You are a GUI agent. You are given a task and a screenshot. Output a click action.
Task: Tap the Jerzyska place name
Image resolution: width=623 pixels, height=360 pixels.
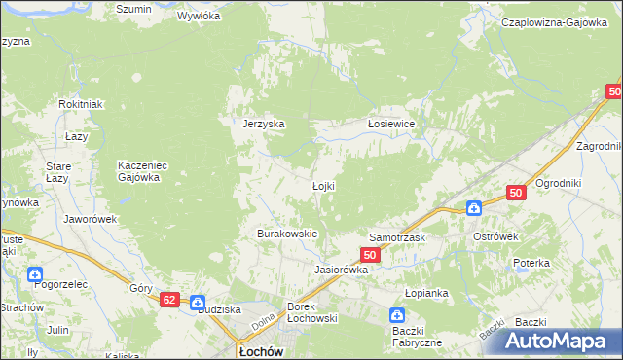point(263,124)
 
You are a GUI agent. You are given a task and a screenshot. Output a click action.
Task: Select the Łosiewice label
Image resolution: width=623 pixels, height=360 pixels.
point(391,124)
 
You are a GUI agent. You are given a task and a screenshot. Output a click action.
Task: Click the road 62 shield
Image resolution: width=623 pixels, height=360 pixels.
point(170,302)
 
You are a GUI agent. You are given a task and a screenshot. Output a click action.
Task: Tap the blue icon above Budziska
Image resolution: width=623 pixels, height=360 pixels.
point(198,302)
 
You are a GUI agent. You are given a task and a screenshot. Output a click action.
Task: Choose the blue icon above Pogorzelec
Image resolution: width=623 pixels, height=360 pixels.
point(35,275)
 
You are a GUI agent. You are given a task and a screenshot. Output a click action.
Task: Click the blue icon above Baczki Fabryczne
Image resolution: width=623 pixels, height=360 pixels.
point(397,315)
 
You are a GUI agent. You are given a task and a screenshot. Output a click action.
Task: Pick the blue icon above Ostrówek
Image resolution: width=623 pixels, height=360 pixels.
point(473,207)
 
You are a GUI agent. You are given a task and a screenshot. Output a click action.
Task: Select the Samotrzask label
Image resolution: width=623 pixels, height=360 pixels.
point(394,236)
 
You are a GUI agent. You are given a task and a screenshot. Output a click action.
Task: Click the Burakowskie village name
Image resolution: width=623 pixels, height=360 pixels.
point(287,234)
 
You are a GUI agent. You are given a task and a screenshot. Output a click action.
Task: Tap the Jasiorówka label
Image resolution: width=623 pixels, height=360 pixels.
point(340,270)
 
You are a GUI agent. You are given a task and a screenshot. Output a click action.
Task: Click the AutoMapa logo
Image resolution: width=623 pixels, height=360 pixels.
point(560,341)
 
